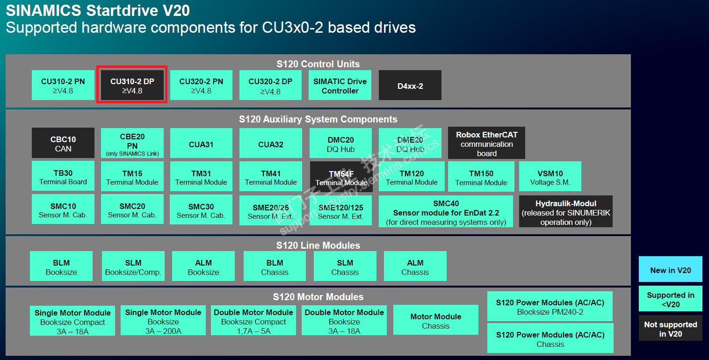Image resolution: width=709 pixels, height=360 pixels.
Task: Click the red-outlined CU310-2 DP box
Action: click(x=132, y=85)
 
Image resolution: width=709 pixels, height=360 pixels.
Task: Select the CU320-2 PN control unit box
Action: click(x=201, y=85)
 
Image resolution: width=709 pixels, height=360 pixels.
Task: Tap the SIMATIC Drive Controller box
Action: click(x=340, y=86)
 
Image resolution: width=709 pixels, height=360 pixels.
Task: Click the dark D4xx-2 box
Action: click(x=410, y=86)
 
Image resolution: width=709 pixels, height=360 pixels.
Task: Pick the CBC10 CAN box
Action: click(x=63, y=143)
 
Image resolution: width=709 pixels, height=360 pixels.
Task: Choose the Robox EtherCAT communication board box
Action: click(x=486, y=143)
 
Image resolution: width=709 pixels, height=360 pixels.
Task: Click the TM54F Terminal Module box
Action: click(x=341, y=177)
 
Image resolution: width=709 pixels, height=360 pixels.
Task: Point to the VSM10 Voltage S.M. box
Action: click(x=550, y=177)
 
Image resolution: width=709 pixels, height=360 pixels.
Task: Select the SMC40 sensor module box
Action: click(x=446, y=212)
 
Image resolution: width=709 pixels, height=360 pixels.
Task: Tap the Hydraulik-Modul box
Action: click(x=566, y=212)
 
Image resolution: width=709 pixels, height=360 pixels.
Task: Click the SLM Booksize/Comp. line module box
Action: click(x=133, y=266)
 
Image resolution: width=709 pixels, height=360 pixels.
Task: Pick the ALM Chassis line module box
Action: click(x=415, y=266)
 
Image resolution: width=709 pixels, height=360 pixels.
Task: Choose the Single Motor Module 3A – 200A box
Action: click(x=163, y=321)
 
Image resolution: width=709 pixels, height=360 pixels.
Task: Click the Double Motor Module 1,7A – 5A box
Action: click(x=253, y=321)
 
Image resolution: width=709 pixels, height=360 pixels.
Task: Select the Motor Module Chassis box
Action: click(x=436, y=320)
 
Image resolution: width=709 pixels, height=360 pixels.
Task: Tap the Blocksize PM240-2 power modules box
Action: click(x=550, y=307)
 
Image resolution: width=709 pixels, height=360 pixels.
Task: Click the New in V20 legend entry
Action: click(x=670, y=269)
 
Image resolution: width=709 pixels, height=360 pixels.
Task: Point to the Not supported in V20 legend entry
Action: click(x=670, y=329)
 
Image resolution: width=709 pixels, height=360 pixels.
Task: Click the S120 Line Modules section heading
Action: click(x=318, y=245)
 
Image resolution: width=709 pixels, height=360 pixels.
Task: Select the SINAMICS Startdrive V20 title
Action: click(x=98, y=10)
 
